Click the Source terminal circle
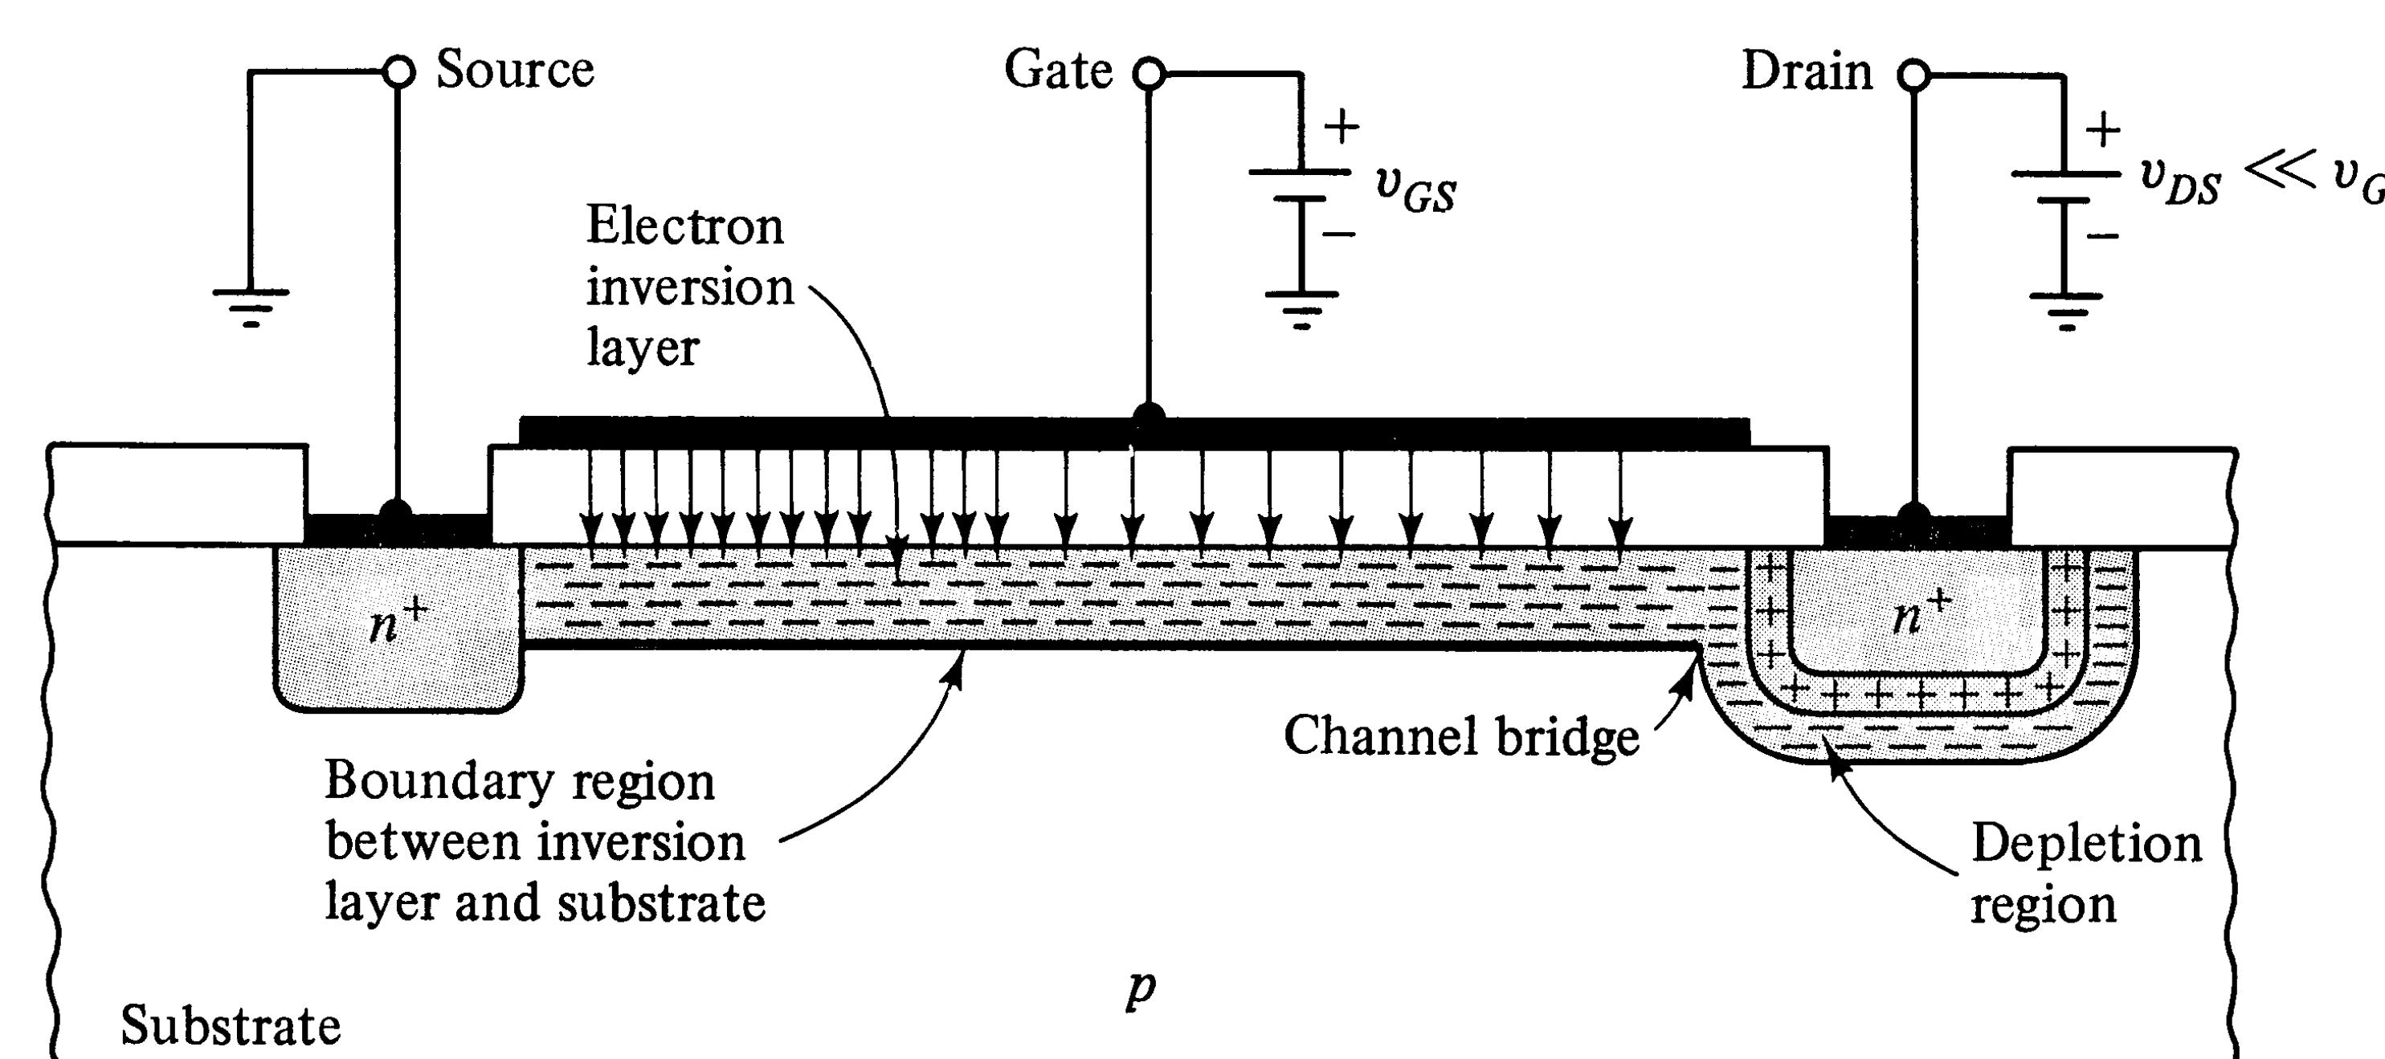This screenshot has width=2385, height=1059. [x=398, y=71]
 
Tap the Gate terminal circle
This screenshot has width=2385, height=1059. [x=1148, y=73]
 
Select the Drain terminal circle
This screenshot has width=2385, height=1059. [x=1913, y=75]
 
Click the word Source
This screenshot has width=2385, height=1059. [x=515, y=69]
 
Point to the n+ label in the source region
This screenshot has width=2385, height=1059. [x=396, y=622]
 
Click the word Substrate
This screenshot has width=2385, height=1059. [x=231, y=1025]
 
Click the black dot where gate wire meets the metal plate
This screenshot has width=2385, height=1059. [x=1148, y=416]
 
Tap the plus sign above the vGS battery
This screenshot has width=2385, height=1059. [x=1342, y=127]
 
